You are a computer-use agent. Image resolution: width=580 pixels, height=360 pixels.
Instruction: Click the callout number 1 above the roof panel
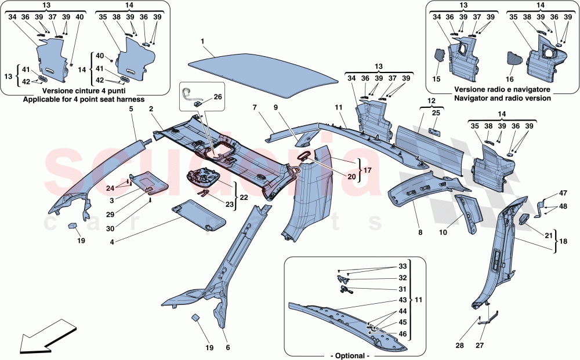tap(202, 42)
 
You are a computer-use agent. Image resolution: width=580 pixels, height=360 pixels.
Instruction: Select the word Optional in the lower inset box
tap(350, 355)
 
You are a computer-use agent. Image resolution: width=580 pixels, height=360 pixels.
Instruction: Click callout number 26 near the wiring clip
tap(218, 97)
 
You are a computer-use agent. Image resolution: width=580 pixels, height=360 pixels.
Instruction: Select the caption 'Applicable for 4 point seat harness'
tap(84, 100)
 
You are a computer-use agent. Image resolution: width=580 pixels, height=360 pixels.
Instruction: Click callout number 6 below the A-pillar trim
tap(228, 348)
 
